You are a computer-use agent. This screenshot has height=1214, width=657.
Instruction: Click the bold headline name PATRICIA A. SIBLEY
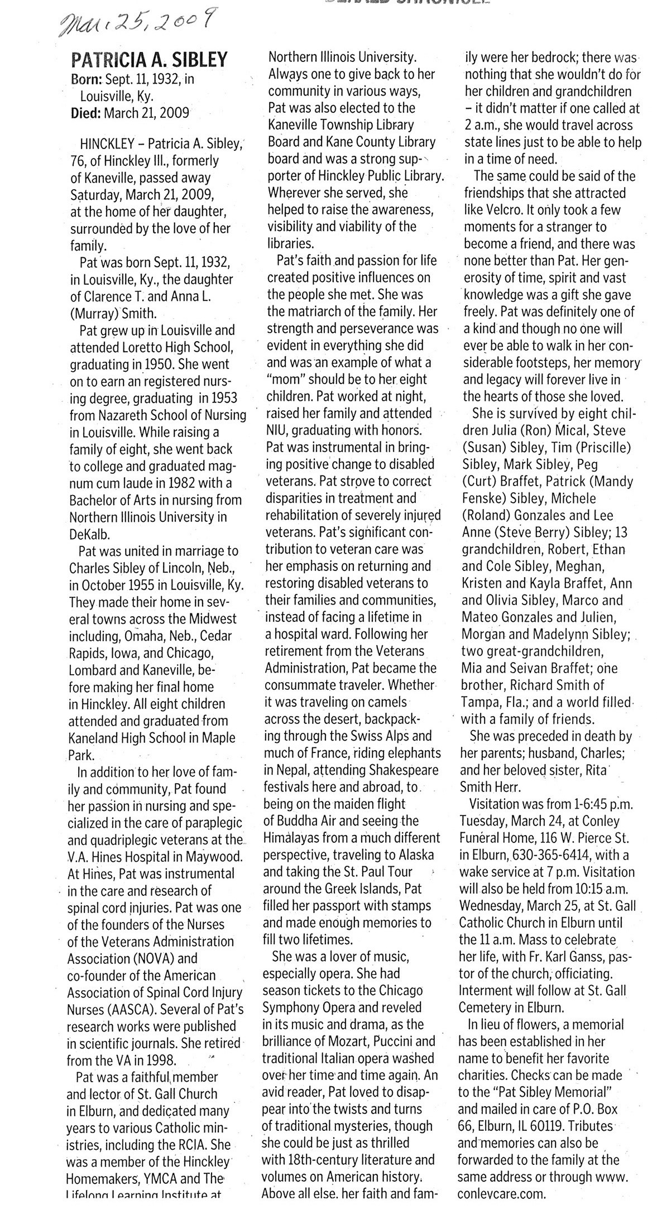[x=150, y=60]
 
